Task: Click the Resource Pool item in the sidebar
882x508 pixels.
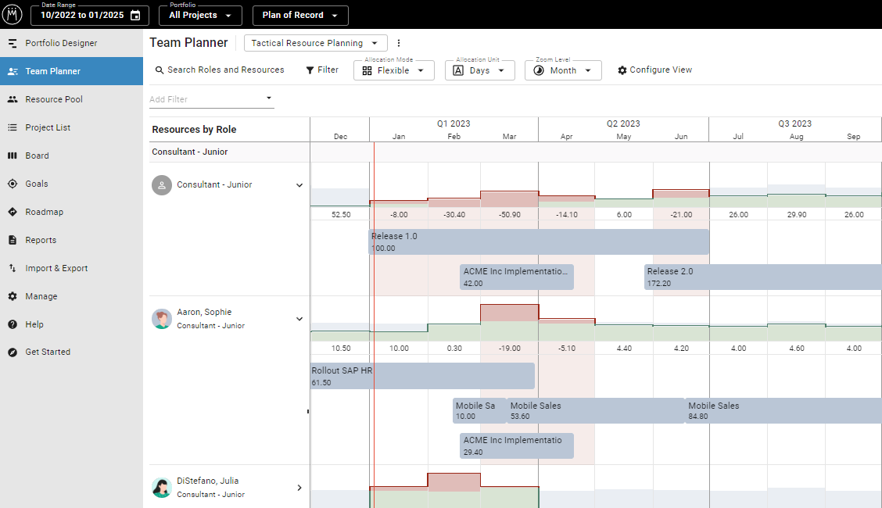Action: point(53,99)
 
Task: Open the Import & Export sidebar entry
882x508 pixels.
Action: point(56,268)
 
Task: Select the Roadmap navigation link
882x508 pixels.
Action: point(44,212)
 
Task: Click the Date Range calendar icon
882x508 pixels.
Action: point(135,16)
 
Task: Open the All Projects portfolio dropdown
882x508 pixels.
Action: point(200,16)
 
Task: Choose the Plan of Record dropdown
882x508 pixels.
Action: point(300,16)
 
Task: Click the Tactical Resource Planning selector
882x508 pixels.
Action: point(315,43)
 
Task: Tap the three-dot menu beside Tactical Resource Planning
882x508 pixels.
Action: point(399,43)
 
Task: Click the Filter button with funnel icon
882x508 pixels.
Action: point(322,70)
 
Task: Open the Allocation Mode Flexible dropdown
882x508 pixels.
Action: point(393,70)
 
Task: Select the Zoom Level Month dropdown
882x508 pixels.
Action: point(563,70)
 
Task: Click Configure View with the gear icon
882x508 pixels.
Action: point(654,70)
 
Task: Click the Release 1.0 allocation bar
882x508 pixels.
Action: point(539,241)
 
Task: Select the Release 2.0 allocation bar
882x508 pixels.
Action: point(762,277)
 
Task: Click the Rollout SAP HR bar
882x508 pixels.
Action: point(422,376)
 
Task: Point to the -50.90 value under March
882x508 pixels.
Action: point(509,215)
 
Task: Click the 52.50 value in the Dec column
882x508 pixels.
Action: point(340,215)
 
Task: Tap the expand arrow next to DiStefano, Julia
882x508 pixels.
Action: point(299,488)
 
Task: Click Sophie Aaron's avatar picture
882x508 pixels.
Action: point(162,319)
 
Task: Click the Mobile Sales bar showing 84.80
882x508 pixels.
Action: point(783,411)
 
